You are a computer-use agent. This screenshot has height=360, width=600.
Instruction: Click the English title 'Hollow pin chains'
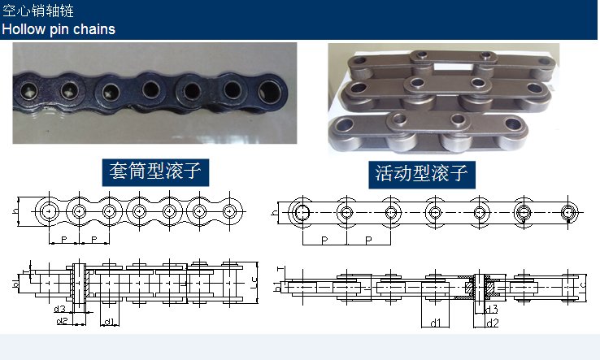tap(59, 29)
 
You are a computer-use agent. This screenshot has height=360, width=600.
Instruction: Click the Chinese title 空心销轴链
tap(38, 11)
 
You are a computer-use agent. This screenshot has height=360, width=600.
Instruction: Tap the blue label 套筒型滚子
tap(155, 171)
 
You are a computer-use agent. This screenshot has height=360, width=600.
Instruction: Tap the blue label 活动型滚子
tap(422, 174)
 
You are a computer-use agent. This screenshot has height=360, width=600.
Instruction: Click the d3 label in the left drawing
tap(60, 309)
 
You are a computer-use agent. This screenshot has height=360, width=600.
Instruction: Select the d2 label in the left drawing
tap(62, 321)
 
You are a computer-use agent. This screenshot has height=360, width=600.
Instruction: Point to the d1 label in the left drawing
tap(110, 322)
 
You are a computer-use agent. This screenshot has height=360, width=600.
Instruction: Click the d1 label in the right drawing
tap(436, 323)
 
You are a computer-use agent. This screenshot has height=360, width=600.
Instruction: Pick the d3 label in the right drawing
tap(492, 309)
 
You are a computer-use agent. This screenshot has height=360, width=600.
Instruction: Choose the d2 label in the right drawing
tap(493, 323)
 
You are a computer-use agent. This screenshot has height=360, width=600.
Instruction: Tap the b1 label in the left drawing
tap(15, 284)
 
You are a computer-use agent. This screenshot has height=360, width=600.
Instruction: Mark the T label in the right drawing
tap(280, 269)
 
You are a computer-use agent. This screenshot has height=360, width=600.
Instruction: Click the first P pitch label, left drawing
tap(64, 240)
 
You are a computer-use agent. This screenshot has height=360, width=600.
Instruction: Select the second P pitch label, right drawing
tap(368, 241)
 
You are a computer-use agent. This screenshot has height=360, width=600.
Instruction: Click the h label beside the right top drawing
tap(275, 213)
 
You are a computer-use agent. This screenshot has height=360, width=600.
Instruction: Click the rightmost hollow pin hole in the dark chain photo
tap(269, 92)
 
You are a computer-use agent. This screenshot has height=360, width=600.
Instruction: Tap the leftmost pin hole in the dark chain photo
tap(28, 91)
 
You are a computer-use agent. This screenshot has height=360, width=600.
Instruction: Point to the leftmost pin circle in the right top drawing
tap(302, 212)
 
